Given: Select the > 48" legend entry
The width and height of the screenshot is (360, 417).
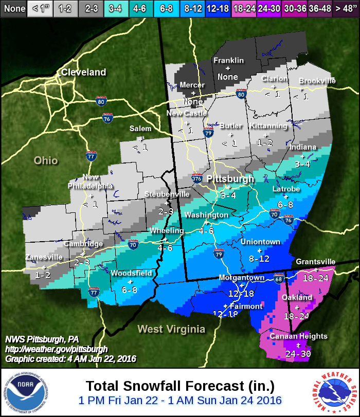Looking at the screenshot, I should coord(345,8).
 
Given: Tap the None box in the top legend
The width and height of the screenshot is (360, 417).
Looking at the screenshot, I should coord(13,8).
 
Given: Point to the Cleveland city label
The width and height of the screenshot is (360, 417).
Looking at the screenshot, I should coord(83,72).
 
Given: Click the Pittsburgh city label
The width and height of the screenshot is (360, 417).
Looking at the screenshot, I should coord(230,179).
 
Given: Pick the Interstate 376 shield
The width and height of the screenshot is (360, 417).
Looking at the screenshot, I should coord(196,179).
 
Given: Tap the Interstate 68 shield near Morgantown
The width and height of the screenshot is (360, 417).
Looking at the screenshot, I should coord(278,279).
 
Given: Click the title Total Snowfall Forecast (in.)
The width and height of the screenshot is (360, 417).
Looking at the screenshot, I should coord(180,386).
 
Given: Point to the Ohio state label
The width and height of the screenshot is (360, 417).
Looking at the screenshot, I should coord(45,160).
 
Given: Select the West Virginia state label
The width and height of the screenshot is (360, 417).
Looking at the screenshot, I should coord(171,329).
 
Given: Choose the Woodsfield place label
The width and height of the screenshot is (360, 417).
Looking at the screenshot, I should coord(131,273).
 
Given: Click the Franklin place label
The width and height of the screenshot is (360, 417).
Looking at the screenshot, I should coord(228,60).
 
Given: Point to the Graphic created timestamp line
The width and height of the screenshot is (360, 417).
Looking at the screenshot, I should coord(70,359).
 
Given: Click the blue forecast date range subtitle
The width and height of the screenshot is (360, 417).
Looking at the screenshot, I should coord(180,400).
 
